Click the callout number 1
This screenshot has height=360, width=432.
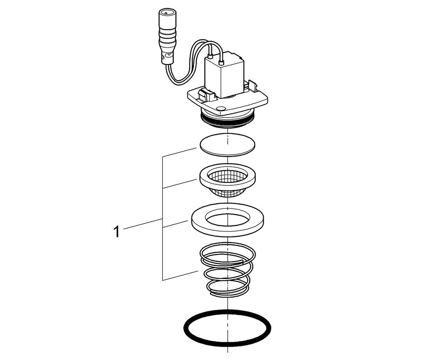117,231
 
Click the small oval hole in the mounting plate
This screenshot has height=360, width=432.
221,108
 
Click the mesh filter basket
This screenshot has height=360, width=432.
227,180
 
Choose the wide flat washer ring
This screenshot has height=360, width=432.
228,220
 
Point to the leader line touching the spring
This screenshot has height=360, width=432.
180,276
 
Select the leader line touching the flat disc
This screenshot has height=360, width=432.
179,152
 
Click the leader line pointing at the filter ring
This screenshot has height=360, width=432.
179,184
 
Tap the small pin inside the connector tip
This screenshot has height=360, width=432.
166,13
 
